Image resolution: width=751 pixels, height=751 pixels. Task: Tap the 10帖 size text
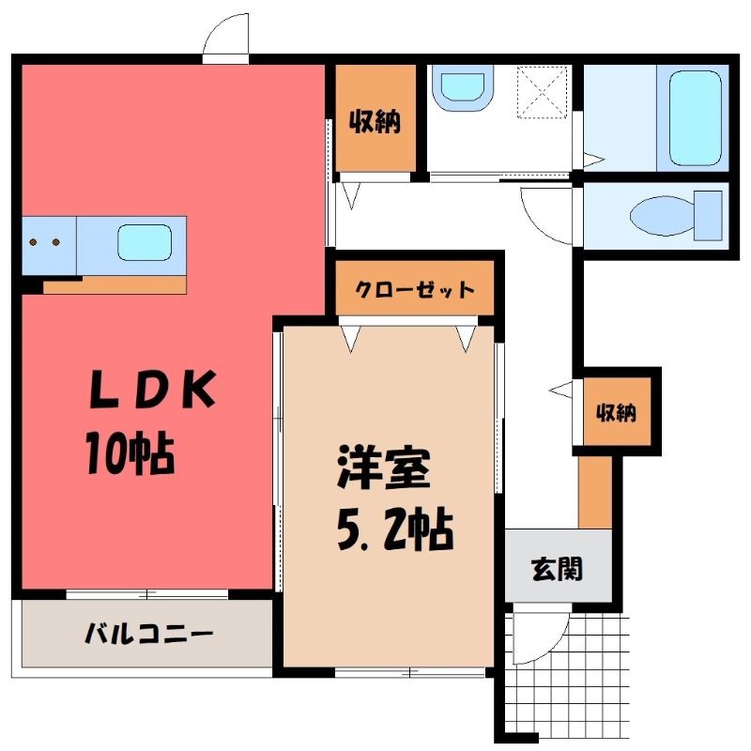pos(129,453)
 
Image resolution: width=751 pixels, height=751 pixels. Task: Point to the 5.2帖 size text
pos(393,531)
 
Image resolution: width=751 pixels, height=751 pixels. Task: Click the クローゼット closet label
pos(414,290)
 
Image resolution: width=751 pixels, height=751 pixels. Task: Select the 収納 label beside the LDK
pos(375,121)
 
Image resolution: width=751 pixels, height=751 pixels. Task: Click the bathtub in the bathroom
pos(696,116)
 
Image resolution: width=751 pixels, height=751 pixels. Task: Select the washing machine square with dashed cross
pos(544,91)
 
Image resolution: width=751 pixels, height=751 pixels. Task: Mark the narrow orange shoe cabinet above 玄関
pos(593,492)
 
